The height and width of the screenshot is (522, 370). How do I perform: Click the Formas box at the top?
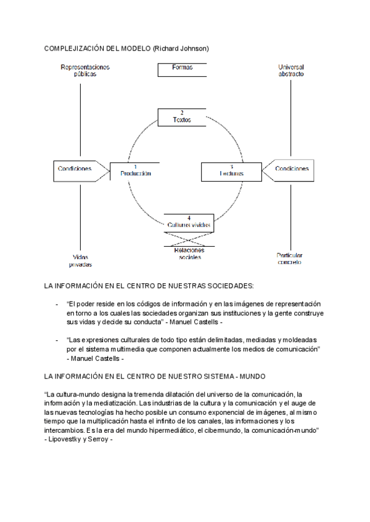tap(183, 68)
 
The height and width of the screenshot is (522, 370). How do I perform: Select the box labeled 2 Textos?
tap(182, 117)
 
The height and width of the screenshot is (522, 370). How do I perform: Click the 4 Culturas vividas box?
tap(189, 222)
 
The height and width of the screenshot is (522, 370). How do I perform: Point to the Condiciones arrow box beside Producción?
tap(76, 169)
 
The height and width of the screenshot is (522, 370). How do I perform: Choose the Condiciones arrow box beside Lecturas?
tap(290, 169)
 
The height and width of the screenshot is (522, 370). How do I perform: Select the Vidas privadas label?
tap(81, 260)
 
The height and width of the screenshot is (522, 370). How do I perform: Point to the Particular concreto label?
tap(290, 258)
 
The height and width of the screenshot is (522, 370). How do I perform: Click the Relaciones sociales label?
tap(189, 254)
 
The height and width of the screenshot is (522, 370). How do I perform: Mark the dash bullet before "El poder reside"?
tap(57, 305)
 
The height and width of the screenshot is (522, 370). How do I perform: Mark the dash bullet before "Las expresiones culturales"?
tap(57, 340)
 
